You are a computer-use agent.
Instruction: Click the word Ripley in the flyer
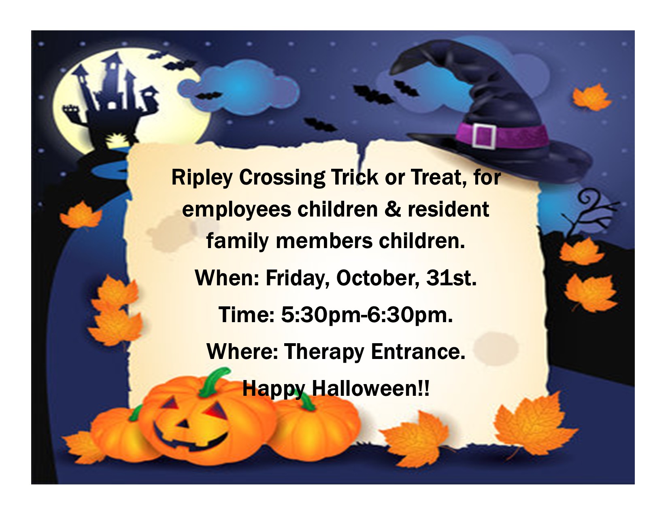click(202, 178)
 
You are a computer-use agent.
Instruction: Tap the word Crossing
click(282, 178)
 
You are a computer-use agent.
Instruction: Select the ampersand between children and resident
click(393, 209)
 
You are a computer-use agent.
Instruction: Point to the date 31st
click(451, 278)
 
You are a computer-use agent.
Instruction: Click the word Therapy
click(324, 352)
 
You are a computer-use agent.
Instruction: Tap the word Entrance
click(418, 352)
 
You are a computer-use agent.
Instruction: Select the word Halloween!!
click(370, 389)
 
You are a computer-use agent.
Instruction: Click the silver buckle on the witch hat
click(484, 136)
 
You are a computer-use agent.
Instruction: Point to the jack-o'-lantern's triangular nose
click(184, 424)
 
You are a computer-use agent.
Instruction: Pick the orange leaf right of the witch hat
click(592, 97)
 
